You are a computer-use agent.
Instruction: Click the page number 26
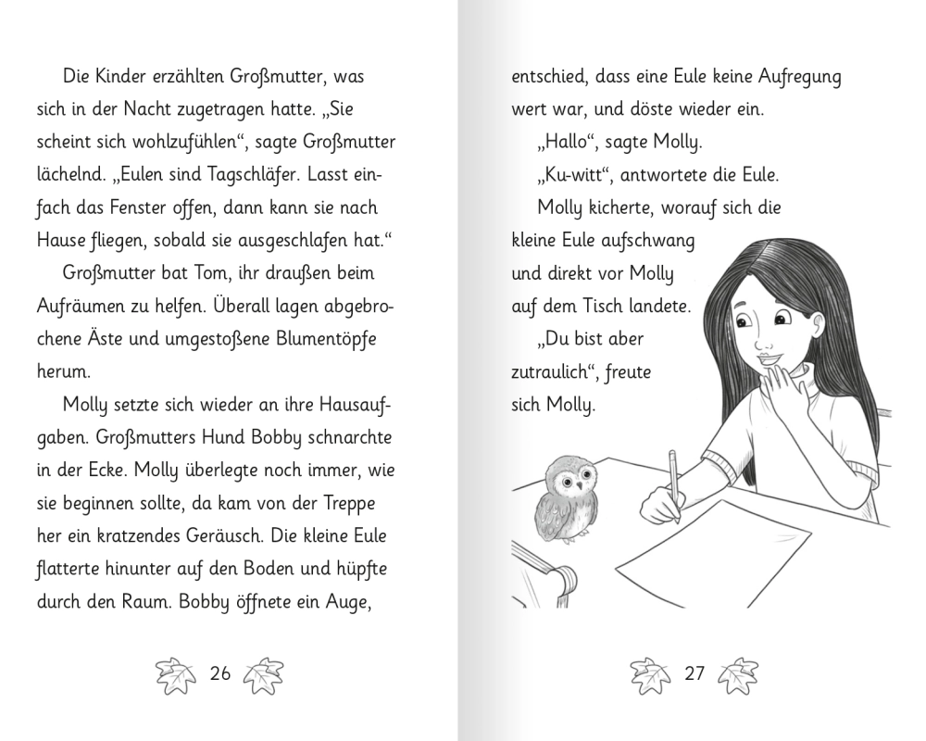pyautogui.click(x=219, y=673)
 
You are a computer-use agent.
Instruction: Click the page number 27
pyautogui.click(x=694, y=673)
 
